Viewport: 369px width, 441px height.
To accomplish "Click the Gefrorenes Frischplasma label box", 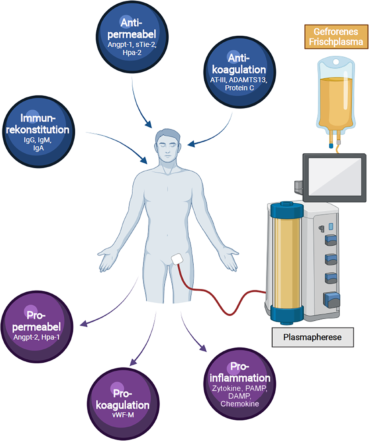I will (336, 37).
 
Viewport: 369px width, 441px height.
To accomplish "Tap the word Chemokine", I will (240, 404).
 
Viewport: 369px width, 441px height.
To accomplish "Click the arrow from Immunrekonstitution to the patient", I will (121, 147).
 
